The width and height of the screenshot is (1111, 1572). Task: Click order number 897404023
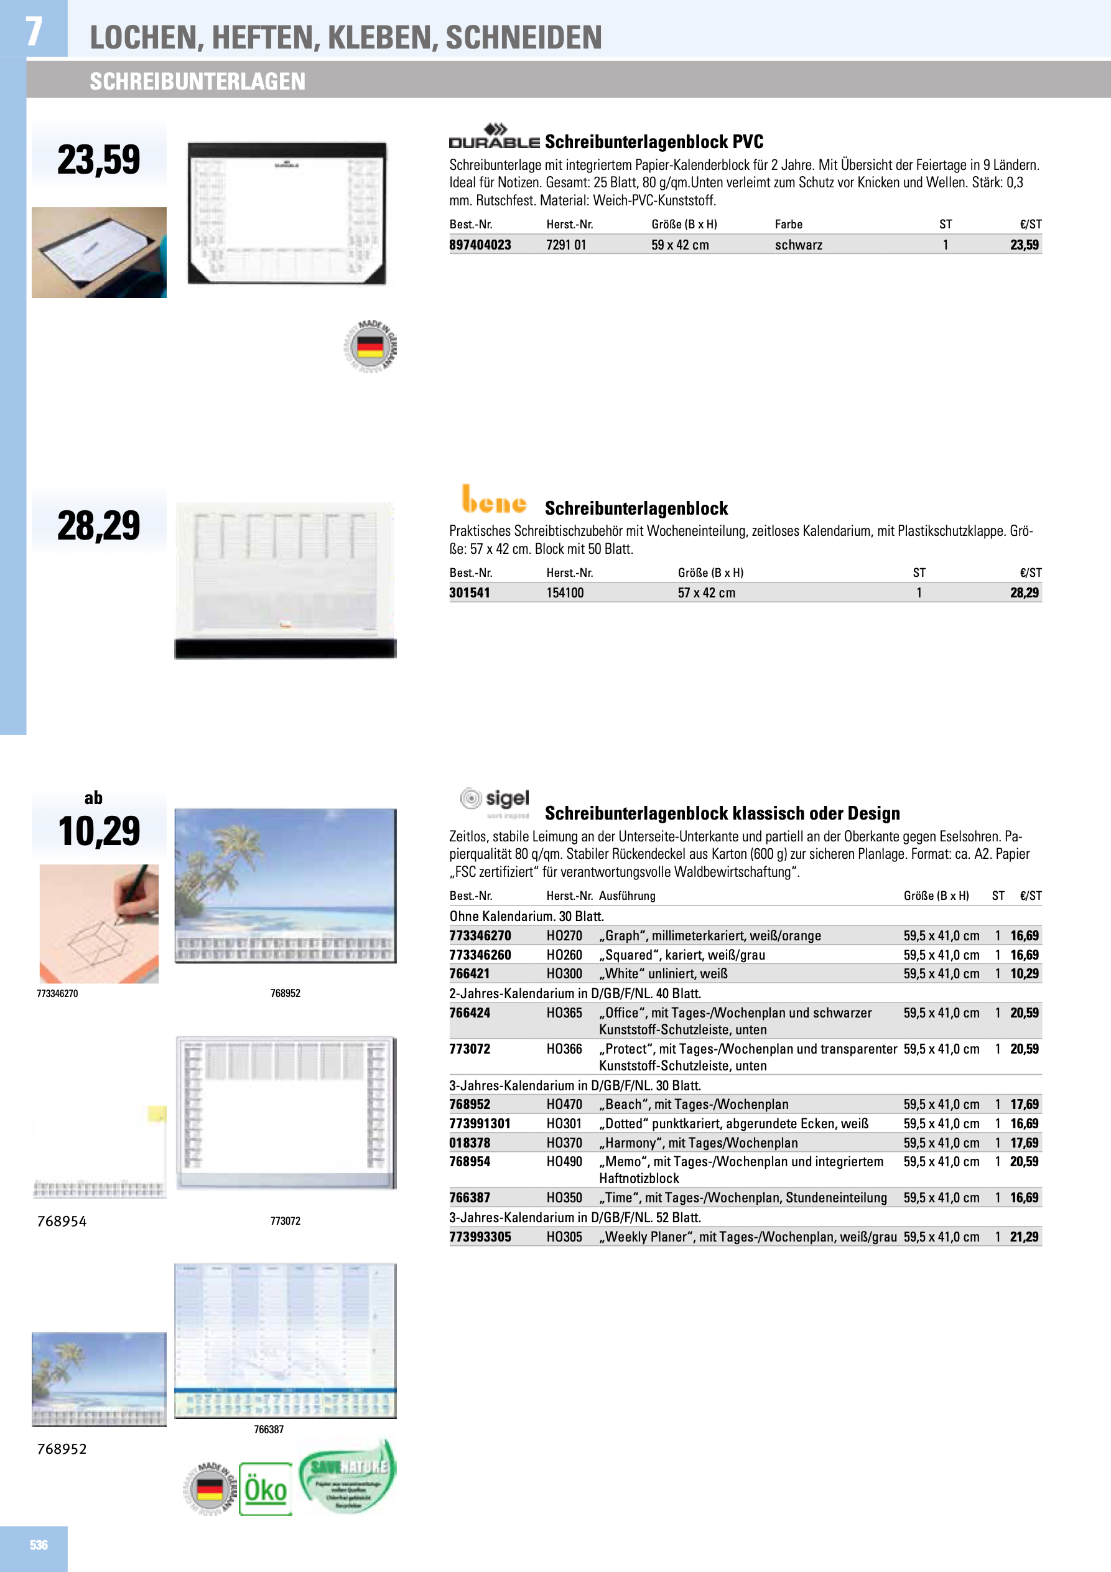480,245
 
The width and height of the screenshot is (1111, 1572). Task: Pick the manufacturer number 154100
565,593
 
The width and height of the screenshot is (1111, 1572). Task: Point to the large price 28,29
98,526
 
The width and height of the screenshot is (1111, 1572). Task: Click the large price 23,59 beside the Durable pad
98,159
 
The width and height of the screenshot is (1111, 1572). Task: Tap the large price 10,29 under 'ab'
98,831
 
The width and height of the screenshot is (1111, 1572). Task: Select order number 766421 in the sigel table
469,973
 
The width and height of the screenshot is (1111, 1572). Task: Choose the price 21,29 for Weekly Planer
1024,1237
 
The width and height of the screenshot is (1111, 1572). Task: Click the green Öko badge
266,1489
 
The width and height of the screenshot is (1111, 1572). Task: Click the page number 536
39,1545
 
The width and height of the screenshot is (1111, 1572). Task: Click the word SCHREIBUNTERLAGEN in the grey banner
197,82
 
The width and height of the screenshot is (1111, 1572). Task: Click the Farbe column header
789,225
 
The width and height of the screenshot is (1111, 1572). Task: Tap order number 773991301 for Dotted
480,1123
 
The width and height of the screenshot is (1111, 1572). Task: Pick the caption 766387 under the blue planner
268,1429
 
